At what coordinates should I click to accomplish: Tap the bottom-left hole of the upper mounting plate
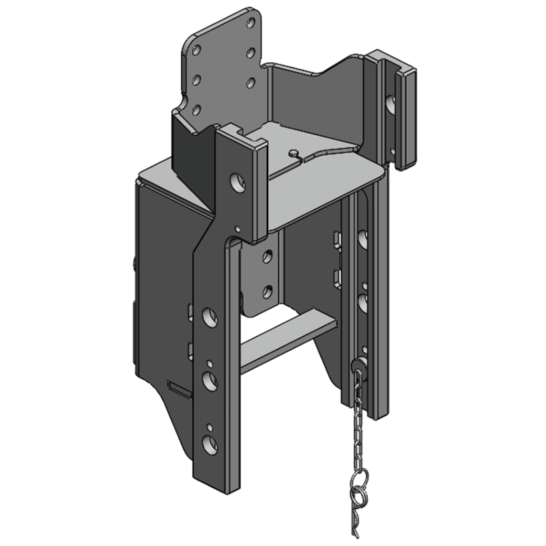195,109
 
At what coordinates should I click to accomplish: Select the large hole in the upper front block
236,182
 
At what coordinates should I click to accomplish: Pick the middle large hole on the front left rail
210,379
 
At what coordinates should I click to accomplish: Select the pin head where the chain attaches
360,365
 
